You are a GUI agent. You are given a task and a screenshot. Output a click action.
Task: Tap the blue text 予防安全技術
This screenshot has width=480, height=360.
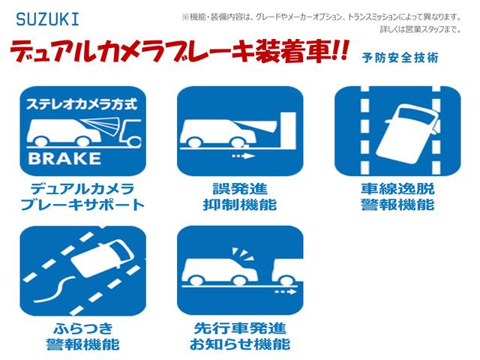pos(400,58)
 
